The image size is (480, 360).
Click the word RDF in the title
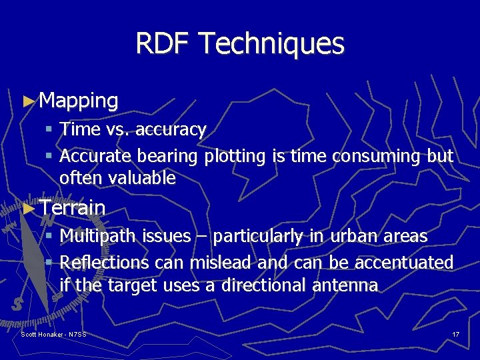click(x=163, y=44)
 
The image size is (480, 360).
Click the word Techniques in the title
click(x=271, y=44)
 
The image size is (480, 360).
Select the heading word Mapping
click(x=79, y=101)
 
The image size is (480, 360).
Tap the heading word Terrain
click(x=72, y=207)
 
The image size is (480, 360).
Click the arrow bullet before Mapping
click(x=27, y=101)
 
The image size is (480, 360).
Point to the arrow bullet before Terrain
click(x=27, y=208)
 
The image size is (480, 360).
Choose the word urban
click(x=349, y=236)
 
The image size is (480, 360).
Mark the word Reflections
click(x=104, y=263)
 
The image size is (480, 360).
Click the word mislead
click(x=221, y=263)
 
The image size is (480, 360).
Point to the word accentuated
click(x=404, y=263)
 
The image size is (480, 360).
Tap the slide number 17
click(x=456, y=334)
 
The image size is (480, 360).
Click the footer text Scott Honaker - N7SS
click(x=54, y=334)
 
